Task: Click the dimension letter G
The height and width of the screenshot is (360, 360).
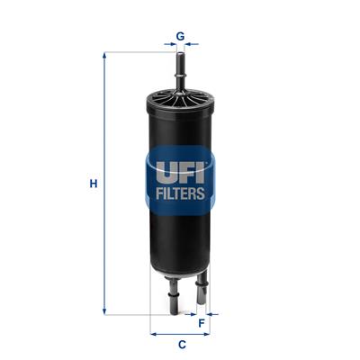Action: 180,36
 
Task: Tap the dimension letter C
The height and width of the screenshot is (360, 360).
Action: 181,344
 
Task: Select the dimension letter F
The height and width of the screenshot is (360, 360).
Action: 202,321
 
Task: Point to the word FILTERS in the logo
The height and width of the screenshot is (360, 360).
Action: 180,193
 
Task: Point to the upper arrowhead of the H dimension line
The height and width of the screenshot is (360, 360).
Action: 105,56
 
